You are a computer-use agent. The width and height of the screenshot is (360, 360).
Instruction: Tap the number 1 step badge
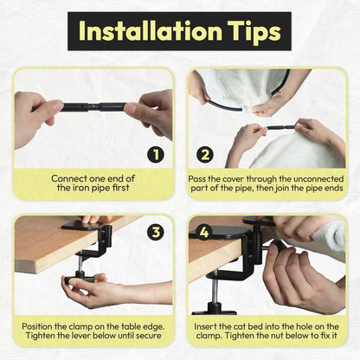(x=156, y=155)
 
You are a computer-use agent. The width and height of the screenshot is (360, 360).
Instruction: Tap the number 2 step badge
(x=205, y=155)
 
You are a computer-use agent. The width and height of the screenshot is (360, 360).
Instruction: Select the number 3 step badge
(x=156, y=232)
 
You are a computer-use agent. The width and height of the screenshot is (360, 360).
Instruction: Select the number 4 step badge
(x=204, y=232)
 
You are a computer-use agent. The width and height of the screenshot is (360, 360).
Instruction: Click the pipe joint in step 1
(x=96, y=107)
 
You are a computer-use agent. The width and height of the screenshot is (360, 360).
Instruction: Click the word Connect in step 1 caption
(x=69, y=178)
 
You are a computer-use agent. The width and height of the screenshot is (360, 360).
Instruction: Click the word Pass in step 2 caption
(x=197, y=179)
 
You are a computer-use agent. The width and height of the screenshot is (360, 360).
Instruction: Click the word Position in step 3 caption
(x=37, y=327)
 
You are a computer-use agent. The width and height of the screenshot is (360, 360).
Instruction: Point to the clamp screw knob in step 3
(x=80, y=278)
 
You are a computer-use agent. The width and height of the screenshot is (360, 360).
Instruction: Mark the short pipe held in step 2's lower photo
(x=281, y=127)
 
